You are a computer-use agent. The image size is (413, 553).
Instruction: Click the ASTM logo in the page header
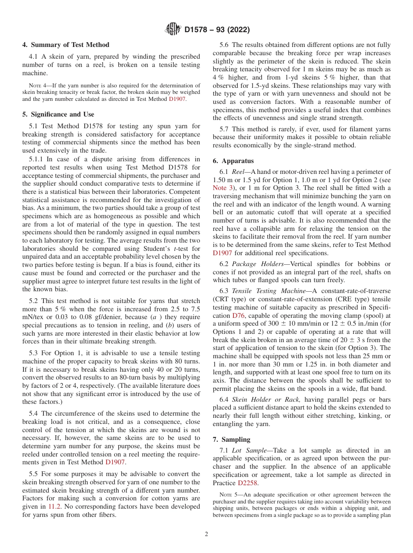pos(173,30)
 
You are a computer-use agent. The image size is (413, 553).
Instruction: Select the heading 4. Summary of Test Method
pos(66,45)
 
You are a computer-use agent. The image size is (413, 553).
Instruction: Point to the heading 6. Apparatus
pos(233,160)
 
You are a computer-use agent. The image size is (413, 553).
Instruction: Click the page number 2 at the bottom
pos(206,534)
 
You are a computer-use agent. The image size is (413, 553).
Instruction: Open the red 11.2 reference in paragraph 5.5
pos(54,506)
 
